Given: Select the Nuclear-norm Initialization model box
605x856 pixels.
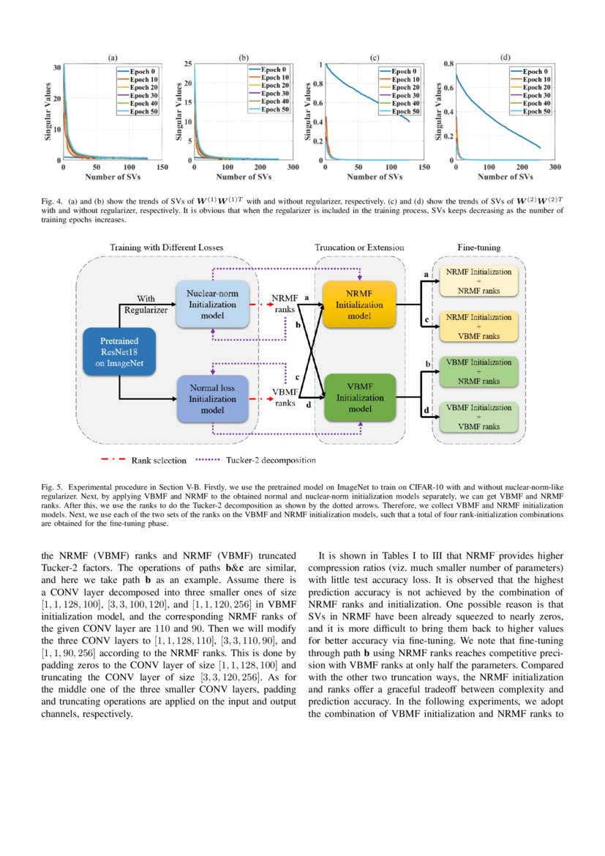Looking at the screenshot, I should (x=212, y=307).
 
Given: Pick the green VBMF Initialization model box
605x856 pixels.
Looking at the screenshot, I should (x=359, y=398).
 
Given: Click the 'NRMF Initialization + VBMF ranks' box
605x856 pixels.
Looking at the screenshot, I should (x=478, y=326).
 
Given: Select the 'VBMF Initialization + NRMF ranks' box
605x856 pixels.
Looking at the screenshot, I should (x=478, y=371).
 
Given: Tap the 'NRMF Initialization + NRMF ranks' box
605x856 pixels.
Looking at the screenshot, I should (x=478, y=281).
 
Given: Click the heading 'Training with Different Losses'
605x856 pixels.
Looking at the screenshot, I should (x=167, y=248).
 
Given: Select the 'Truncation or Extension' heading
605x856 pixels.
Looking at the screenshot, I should (x=359, y=248).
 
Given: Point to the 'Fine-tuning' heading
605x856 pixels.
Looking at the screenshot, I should (x=478, y=248).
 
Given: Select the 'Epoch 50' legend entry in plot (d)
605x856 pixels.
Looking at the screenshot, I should (x=536, y=111).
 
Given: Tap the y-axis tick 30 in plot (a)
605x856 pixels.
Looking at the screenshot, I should (x=57, y=67).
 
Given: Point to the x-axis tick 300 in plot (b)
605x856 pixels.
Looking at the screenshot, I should (x=293, y=168).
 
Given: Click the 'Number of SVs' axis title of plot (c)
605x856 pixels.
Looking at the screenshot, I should (x=374, y=176).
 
